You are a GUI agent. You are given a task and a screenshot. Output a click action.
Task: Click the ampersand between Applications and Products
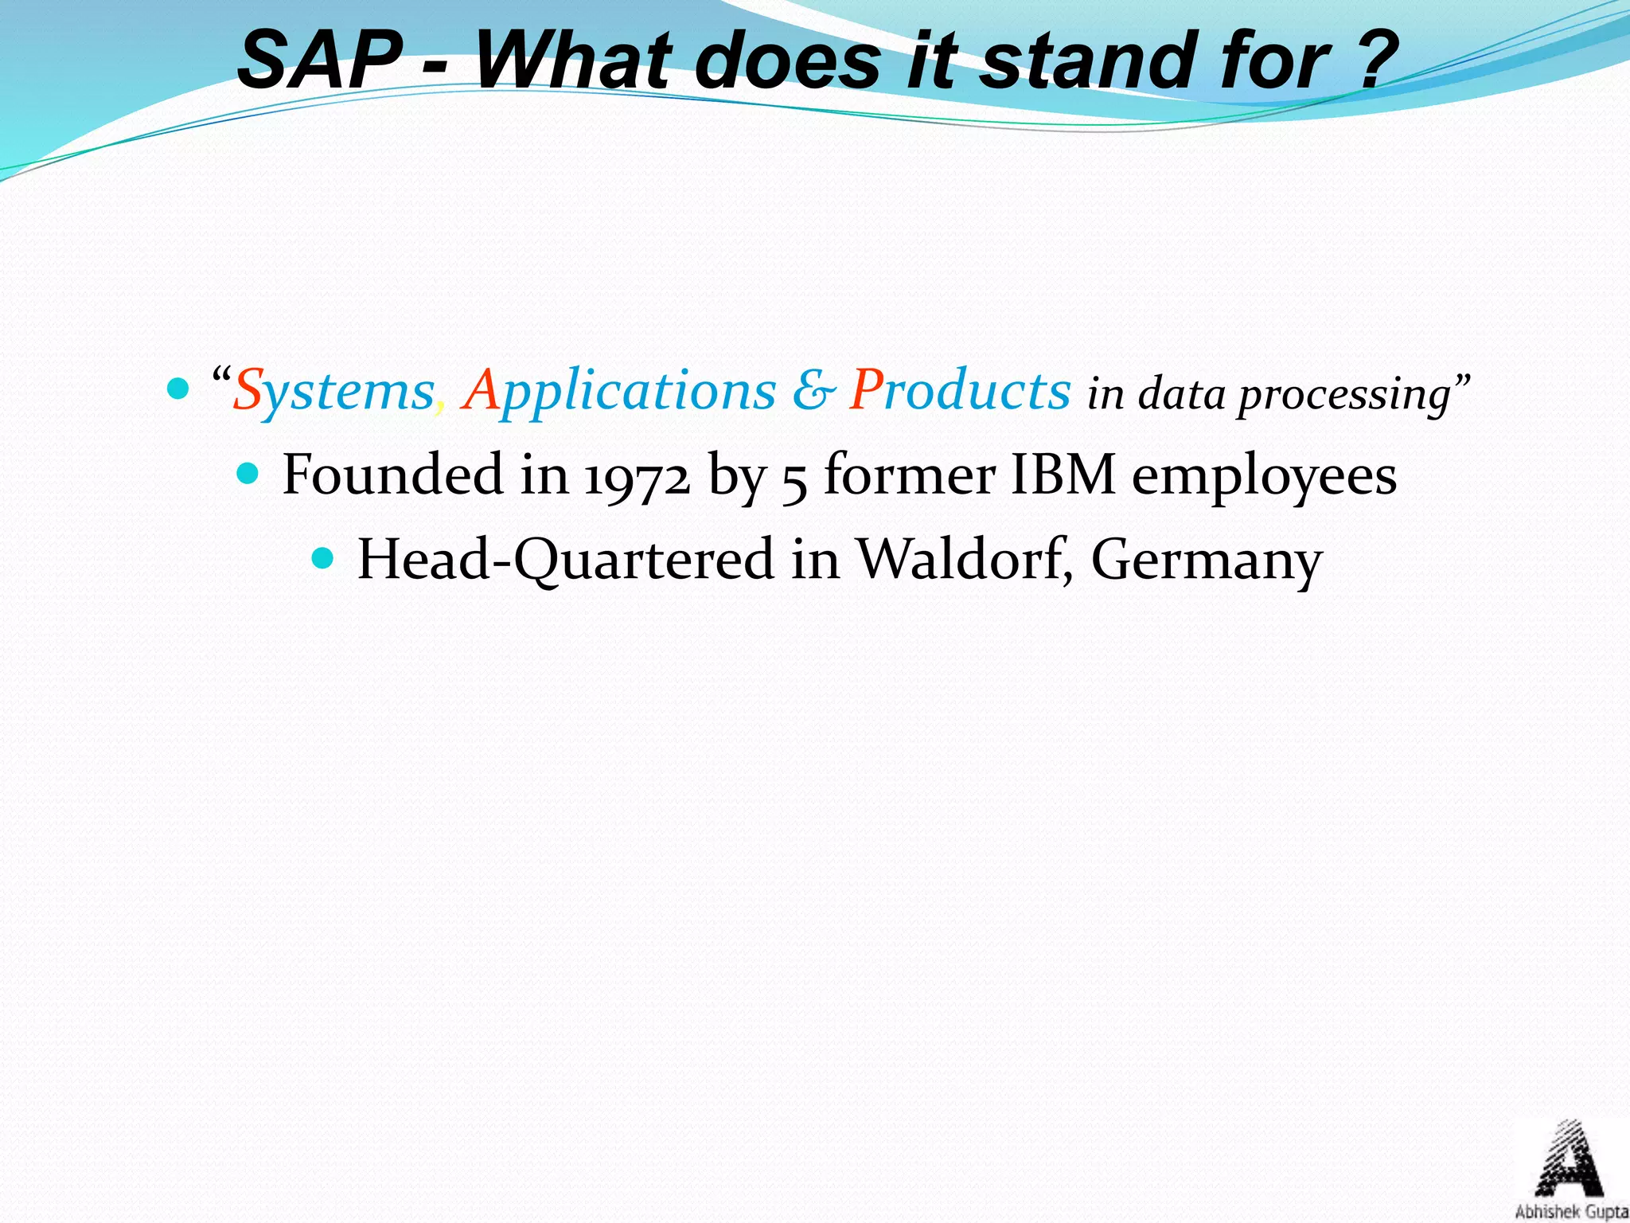813,391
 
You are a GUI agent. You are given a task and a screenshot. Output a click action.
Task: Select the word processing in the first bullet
1344,395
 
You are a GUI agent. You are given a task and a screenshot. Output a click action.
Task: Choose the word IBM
1062,475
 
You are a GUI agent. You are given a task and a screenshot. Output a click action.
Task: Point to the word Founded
393,475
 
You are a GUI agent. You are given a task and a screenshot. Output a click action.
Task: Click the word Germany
1206,561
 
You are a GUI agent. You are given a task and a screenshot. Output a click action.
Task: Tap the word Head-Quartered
565,561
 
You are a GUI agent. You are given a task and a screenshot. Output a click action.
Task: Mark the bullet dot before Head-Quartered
323,559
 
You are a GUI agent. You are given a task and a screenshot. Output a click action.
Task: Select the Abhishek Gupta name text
1570,1212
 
